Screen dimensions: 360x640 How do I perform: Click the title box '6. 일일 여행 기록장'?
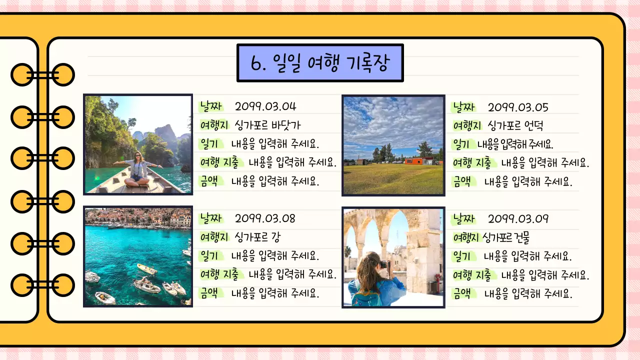tap(320, 63)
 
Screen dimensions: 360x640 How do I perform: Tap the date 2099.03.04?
tap(265, 106)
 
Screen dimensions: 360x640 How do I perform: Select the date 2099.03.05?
tap(518, 107)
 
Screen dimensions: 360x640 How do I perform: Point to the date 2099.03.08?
tap(265, 218)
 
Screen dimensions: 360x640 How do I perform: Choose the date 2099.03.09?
tap(518, 219)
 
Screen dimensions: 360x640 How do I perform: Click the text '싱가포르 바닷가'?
tap(267, 125)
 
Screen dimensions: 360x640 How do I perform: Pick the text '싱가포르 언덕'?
tap(515, 125)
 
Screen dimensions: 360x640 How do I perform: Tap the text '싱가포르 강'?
tap(257, 237)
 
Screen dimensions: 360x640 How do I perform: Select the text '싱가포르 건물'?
tap(506, 237)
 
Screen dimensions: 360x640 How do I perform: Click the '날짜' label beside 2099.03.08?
tap(210, 218)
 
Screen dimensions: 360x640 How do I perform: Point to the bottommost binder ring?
tap(42, 285)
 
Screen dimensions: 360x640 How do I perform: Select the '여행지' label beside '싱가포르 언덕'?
tap(466, 125)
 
